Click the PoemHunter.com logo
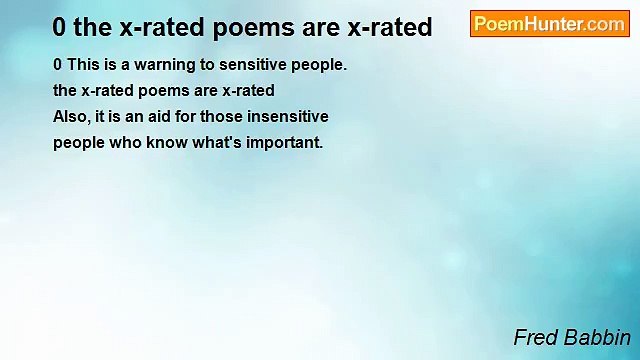pos(549,24)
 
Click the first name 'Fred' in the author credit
pos(534,337)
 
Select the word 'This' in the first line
pos(84,65)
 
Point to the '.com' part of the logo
pos(606,24)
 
